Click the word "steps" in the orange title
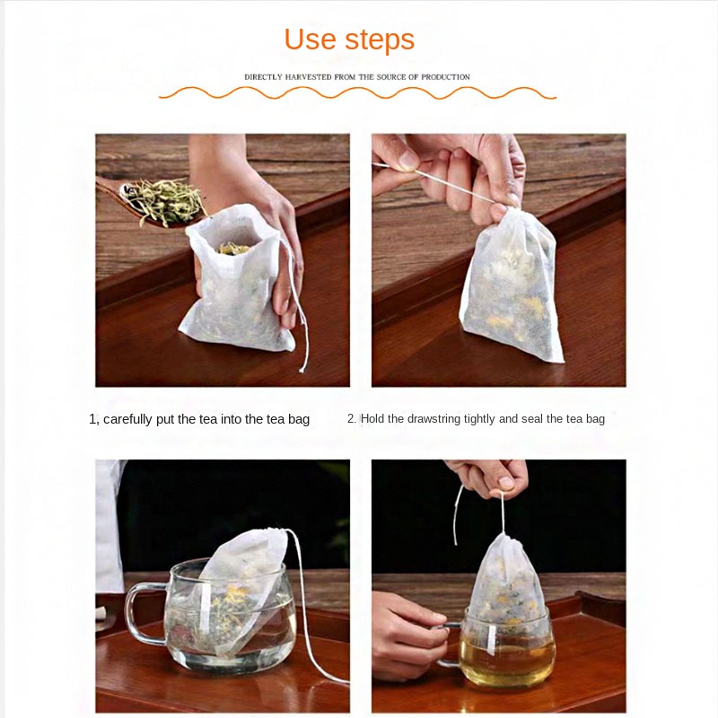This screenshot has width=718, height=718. [379, 40]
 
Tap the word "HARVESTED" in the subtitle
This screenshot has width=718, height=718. [306, 77]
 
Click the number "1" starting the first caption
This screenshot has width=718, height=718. [92, 419]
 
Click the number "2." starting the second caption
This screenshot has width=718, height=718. [352, 419]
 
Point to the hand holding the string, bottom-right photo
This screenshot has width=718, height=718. [489, 476]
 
